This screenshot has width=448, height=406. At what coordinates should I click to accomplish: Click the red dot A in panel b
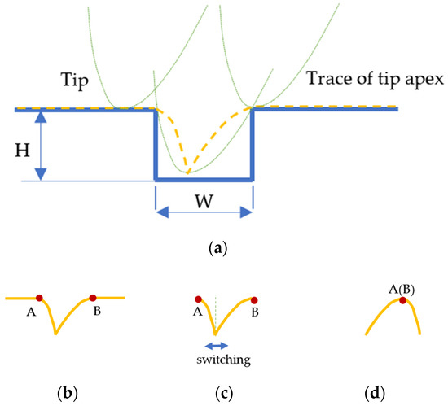pos(39,297)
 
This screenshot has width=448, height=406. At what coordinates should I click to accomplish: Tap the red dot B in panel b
pos(93,298)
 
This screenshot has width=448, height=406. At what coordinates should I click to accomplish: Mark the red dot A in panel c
pos(199,299)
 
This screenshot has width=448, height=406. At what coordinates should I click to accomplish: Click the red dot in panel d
pos(402,301)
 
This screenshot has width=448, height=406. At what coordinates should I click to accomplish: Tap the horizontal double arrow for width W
pos(204,212)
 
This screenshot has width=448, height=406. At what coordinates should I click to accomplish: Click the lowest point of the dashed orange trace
pos(187,172)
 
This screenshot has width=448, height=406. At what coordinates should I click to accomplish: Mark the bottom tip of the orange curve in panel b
pos(55,333)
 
